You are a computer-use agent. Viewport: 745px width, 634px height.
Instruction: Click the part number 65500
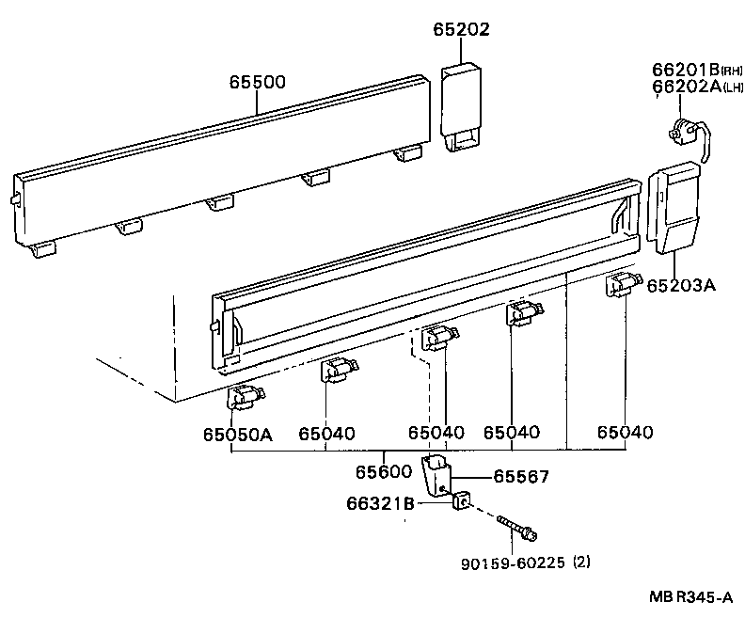coord(257,83)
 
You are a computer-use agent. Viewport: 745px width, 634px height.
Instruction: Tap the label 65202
coord(461,30)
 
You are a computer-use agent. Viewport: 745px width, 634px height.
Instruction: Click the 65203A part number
coord(681,285)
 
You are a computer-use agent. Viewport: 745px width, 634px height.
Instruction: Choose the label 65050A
coord(236,434)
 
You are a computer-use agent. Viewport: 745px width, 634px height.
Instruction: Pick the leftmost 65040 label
coord(327,434)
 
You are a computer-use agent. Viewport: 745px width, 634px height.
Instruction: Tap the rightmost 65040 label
coord(626,433)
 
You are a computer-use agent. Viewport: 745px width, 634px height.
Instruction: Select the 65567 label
coord(521,477)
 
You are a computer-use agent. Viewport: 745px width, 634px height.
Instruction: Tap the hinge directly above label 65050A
coord(246,397)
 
